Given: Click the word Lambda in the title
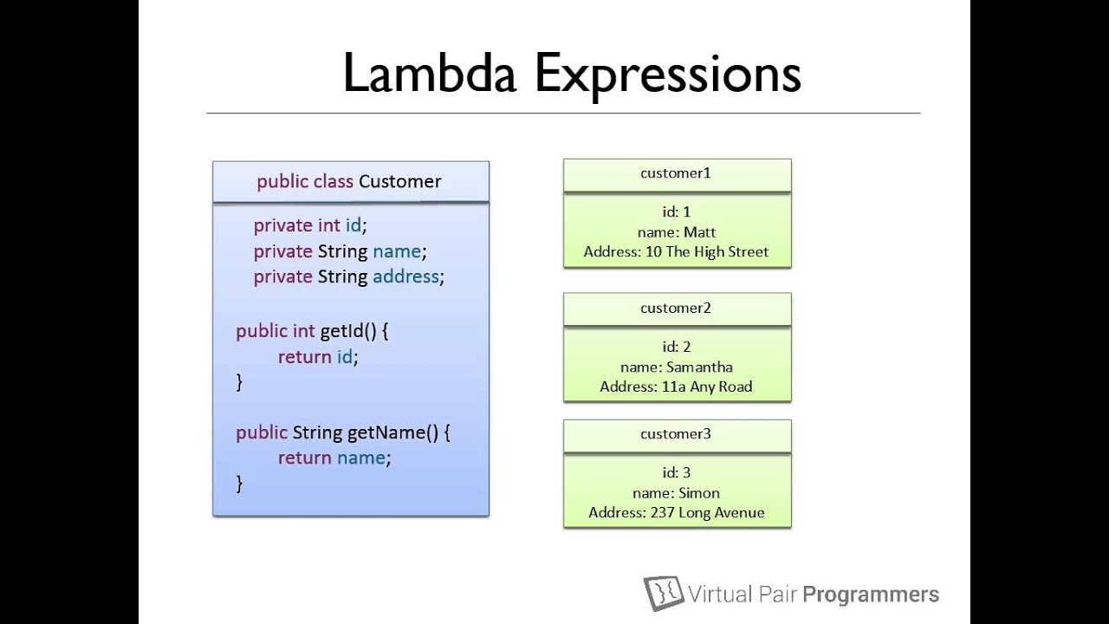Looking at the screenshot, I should (430, 74).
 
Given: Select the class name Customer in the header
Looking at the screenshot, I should (399, 181).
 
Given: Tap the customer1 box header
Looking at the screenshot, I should (676, 173).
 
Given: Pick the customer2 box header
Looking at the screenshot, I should (676, 309).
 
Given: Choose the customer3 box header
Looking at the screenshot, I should (676, 434).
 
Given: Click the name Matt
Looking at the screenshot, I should (699, 232).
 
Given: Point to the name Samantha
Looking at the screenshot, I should (699, 367).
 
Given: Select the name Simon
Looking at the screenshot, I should (698, 493).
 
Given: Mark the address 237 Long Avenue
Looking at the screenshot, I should (706, 513).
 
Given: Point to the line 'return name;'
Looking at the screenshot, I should (334, 458).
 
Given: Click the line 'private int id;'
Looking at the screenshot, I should (310, 225).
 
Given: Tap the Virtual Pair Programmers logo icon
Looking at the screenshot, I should (664, 593).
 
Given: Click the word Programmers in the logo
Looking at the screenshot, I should (870, 595).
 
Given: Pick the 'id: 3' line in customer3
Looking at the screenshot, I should (677, 473).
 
